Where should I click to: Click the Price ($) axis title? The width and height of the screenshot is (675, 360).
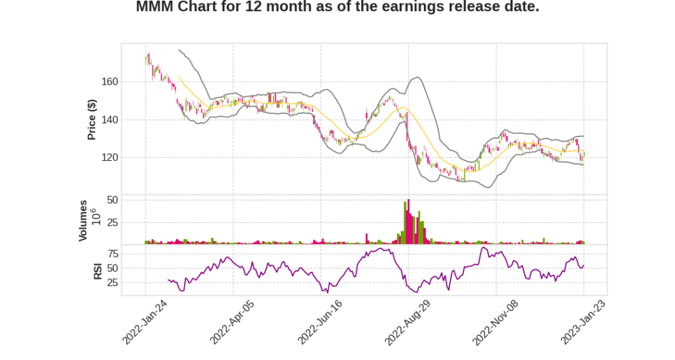click(92, 119)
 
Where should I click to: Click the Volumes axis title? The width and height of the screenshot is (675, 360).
click(84, 220)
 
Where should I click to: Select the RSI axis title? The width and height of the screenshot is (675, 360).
click(98, 270)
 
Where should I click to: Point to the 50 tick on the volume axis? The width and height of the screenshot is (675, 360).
click(112, 200)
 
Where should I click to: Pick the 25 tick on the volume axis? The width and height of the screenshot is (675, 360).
click(112, 222)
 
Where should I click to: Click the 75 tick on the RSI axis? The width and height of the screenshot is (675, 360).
click(112, 254)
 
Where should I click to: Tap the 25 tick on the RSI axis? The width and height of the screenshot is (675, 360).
click(112, 283)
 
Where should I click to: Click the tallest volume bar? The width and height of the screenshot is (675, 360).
click(409, 222)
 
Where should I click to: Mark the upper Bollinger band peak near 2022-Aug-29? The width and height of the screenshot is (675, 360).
click(416, 78)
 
